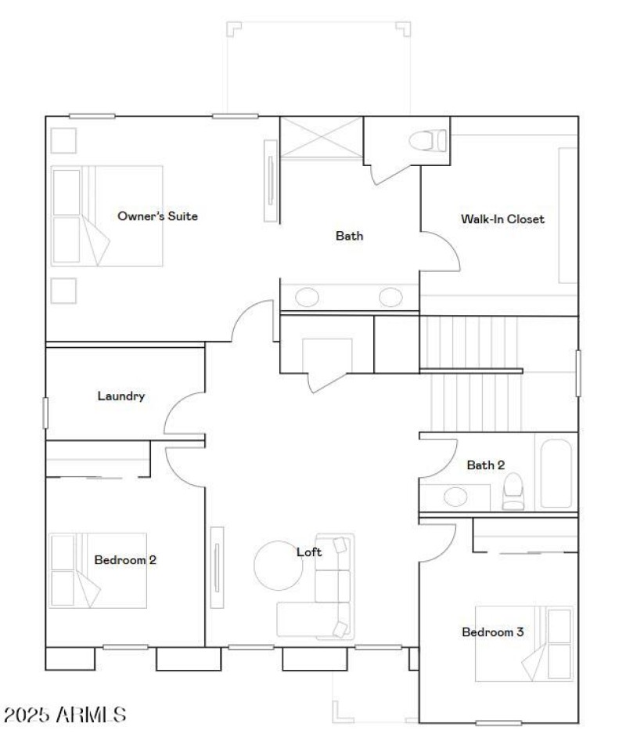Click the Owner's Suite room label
157,216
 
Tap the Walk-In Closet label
502,219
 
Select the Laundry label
121,396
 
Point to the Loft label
309,552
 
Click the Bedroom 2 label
125,560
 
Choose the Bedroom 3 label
492,632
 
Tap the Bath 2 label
485,465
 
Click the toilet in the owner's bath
427,141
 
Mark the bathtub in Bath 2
556,473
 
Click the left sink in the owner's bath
307,298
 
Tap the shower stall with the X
322,138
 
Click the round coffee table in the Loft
278,564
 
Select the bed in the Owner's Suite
106,215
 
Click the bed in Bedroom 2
98,570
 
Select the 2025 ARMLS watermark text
65,715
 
